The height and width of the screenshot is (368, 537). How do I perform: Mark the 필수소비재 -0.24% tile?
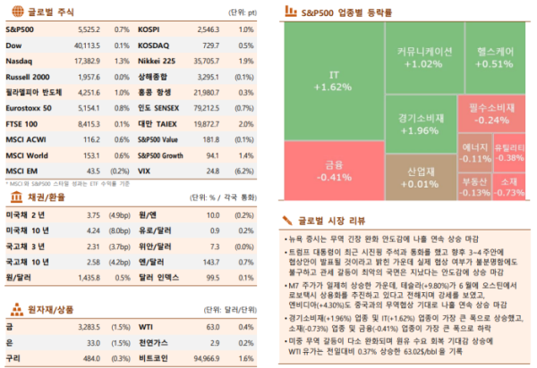click(x=494, y=113)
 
